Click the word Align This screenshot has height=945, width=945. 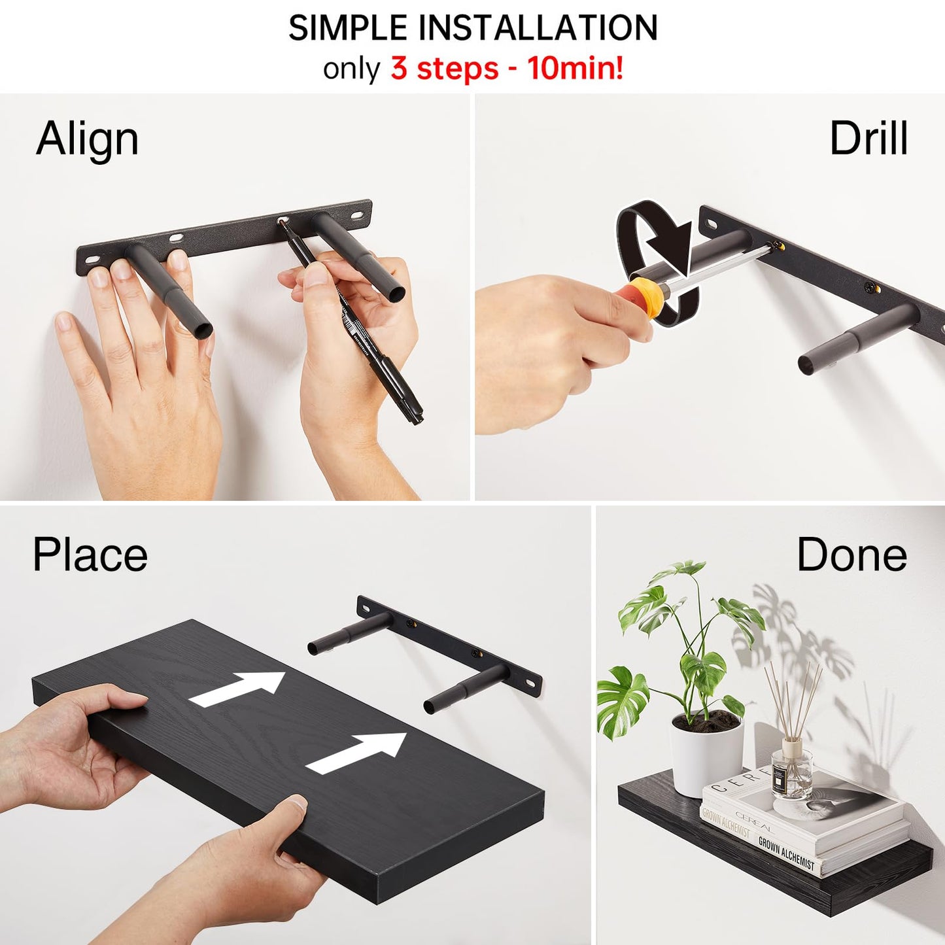87,139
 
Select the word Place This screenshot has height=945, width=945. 90,555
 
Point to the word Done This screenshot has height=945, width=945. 851,555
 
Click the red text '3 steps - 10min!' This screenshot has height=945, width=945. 507,68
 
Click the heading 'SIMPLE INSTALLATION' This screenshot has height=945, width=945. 473,28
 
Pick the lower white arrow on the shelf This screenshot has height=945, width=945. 356,752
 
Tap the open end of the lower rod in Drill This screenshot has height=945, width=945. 807,364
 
